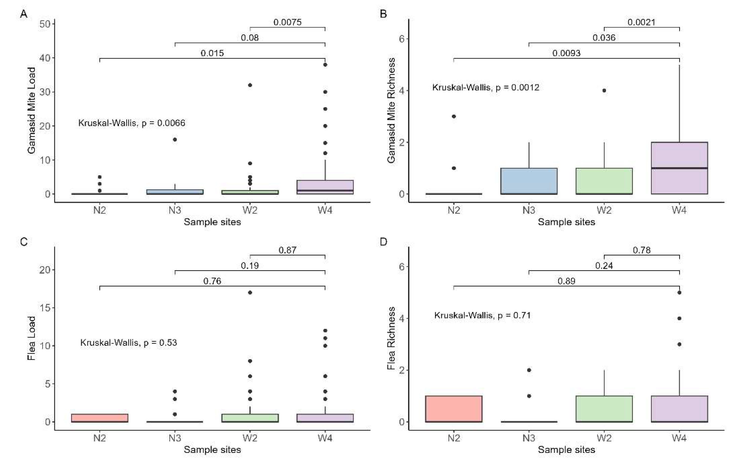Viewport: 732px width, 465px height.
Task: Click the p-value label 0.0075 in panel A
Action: point(287,22)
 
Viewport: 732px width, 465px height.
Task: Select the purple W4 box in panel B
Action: point(679,168)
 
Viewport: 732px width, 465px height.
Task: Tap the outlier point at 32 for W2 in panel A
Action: point(250,85)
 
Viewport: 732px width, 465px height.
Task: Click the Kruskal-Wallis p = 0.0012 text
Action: point(485,88)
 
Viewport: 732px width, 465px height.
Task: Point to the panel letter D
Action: point(383,242)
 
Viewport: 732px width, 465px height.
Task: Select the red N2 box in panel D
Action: point(454,409)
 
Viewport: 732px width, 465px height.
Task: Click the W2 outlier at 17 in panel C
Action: point(250,293)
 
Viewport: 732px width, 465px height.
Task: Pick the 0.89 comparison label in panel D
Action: point(566,281)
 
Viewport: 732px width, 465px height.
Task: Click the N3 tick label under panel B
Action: point(529,210)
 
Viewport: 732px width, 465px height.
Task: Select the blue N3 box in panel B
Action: point(529,181)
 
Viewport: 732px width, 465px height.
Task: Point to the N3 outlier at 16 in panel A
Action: point(175,140)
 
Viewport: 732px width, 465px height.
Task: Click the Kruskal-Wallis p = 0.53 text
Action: point(129,343)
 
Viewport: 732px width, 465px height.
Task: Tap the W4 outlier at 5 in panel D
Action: point(679,293)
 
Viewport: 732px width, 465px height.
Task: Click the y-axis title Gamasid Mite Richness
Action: point(392,110)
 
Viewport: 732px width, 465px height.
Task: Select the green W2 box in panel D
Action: point(604,409)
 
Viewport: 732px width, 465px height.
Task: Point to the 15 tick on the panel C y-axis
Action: point(45,308)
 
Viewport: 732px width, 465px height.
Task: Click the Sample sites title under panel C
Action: point(212,450)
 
